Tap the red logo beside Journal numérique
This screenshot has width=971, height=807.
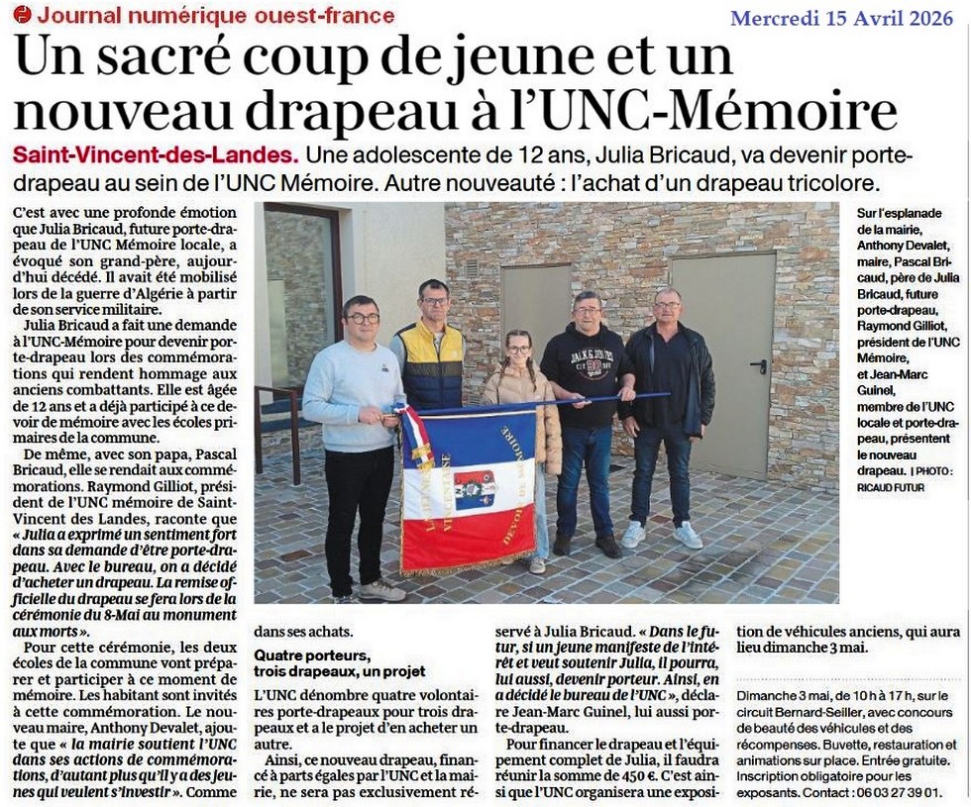22,14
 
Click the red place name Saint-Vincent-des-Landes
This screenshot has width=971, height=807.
155,156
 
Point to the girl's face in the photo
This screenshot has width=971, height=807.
519,350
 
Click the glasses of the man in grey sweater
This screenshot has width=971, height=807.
363,318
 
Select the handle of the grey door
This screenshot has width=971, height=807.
759,365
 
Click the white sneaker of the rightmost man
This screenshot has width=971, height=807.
687,536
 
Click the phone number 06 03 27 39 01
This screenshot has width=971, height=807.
896,793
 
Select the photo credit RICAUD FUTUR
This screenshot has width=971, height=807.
889,487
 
